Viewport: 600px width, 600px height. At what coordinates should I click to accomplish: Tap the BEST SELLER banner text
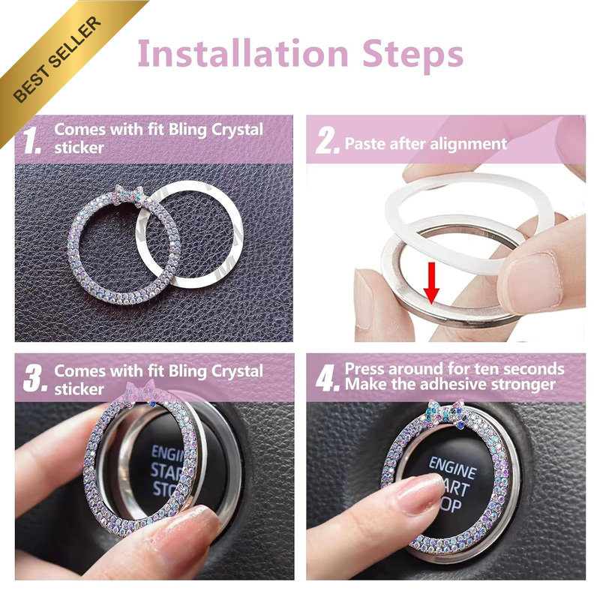pos(58,59)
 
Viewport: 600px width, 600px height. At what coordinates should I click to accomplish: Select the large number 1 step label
pos(31,140)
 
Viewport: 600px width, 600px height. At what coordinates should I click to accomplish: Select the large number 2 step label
pos(328,140)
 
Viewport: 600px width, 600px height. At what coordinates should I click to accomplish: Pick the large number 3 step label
pos(35,378)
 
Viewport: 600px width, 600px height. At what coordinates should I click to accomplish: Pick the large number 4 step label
pos(328,378)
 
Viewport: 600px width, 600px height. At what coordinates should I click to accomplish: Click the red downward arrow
pos(431,283)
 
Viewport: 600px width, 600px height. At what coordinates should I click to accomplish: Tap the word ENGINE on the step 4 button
pos(453,467)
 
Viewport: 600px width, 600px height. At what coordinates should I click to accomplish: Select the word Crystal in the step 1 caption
pos(237,130)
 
